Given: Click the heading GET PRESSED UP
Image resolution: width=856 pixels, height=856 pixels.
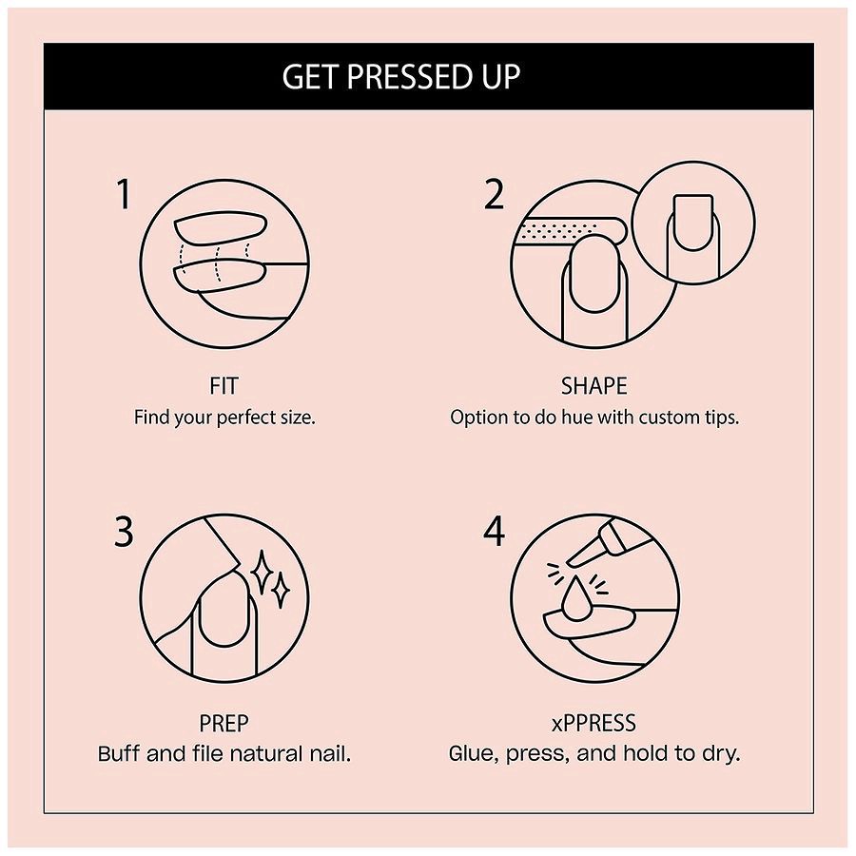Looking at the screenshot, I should (x=400, y=77).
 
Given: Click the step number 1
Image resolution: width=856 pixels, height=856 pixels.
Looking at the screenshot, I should (x=123, y=195).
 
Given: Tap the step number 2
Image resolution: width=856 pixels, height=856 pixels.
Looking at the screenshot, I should (x=494, y=195).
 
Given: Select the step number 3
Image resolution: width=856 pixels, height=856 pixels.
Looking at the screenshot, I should (x=124, y=532).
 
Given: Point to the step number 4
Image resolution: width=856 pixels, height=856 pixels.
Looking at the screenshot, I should (x=494, y=532).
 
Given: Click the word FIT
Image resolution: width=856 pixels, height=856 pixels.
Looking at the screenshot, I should (x=224, y=386).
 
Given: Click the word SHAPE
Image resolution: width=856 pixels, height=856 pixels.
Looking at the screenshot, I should (x=593, y=386).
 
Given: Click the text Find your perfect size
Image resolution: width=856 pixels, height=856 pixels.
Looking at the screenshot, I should (x=224, y=418).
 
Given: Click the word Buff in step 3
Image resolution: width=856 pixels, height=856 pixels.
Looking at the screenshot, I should (x=120, y=754).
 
